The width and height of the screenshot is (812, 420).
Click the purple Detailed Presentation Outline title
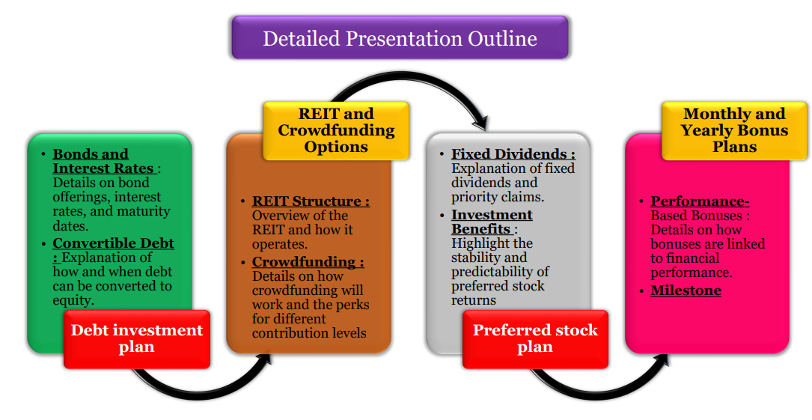[x=400, y=38]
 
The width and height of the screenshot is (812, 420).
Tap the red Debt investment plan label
[x=136, y=338]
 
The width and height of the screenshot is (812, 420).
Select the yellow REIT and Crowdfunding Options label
[x=336, y=130]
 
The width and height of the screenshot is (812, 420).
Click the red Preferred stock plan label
[x=534, y=338]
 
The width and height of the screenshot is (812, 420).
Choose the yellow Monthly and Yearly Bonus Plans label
[x=733, y=130]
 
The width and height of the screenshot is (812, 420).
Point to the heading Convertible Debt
[x=113, y=244]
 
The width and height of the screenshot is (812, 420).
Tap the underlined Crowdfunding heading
[x=308, y=262]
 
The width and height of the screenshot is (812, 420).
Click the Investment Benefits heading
[x=492, y=222]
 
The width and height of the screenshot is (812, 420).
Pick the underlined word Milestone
[x=686, y=290]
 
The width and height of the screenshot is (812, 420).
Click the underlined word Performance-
[x=700, y=201]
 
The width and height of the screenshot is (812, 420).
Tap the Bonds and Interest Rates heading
[x=103, y=161]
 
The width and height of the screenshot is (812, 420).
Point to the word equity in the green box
[x=73, y=300]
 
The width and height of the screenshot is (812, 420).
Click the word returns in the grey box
[x=474, y=300]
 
